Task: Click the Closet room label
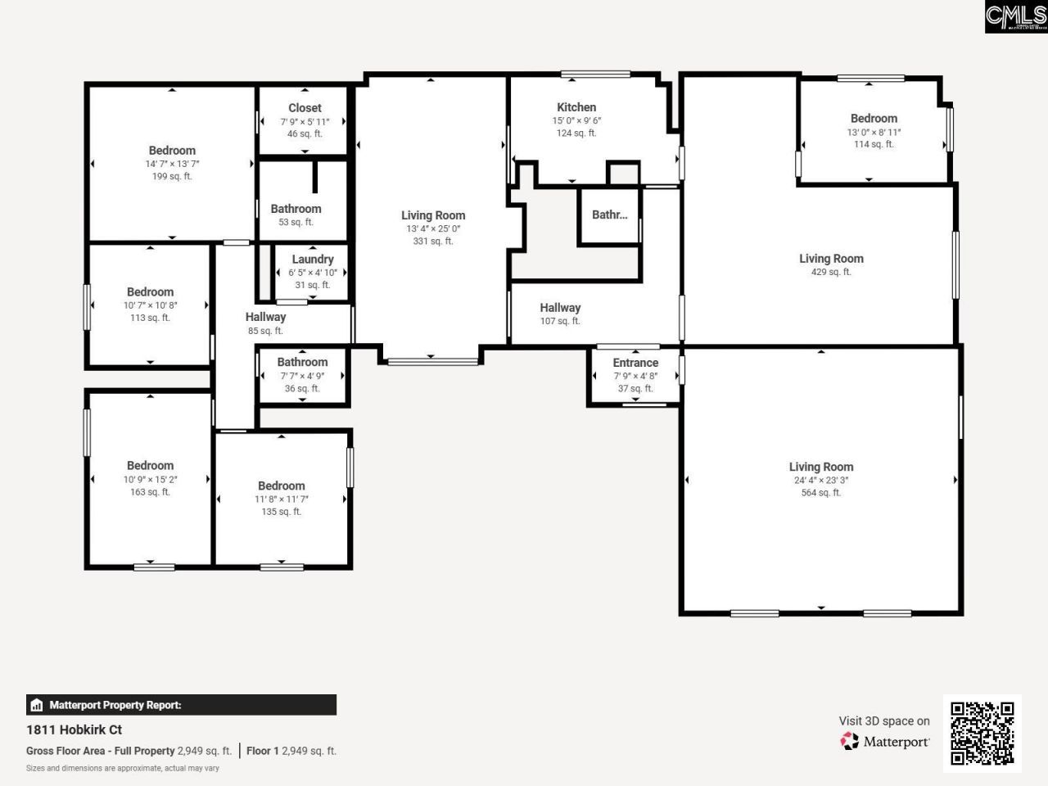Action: (x=305, y=108)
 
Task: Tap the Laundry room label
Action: (x=313, y=259)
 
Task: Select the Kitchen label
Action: (x=576, y=107)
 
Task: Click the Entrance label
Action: (x=635, y=363)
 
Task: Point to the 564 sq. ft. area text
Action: (x=820, y=493)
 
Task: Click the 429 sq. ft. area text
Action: (x=831, y=272)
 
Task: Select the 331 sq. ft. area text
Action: (x=433, y=242)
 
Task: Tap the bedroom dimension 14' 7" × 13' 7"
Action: (x=172, y=164)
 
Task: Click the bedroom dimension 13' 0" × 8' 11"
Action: (x=874, y=132)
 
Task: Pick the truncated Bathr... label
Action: (x=609, y=215)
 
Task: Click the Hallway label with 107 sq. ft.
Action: (x=560, y=308)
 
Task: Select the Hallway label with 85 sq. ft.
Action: (x=265, y=317)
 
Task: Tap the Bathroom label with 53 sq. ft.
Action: (x=296, y=209)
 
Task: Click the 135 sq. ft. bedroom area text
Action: (x=281, y=512)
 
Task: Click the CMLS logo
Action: (x=1015, y=16)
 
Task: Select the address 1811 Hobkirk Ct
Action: (x=75, y=730)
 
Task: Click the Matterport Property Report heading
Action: (x=115, y=705)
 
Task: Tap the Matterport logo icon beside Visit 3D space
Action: (x=850, y=742)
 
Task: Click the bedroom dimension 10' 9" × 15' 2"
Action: (x=150, y=479)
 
